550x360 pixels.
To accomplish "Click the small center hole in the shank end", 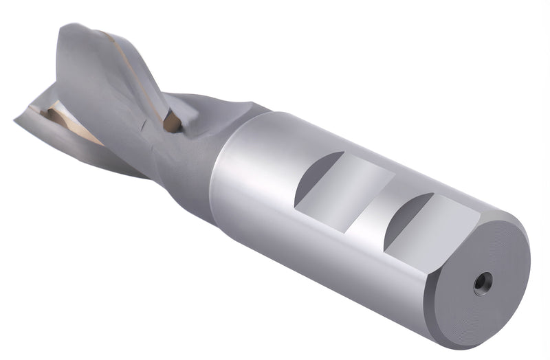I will click(x=483, y=282).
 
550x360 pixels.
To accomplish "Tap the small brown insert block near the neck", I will click(x=172, y=122).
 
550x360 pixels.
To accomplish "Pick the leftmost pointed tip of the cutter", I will click(x=15, y=121).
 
